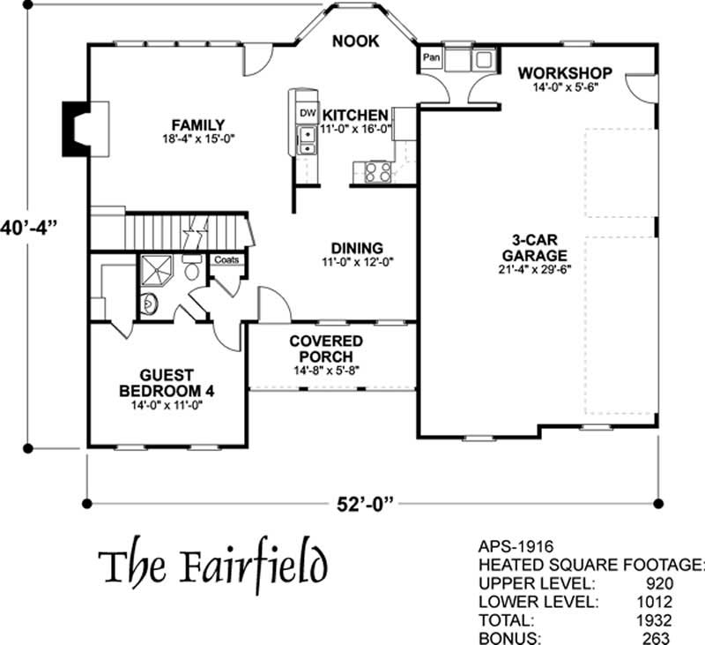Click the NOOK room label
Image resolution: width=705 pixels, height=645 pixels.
pos(356,41)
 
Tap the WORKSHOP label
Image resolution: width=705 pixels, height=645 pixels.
pos(565,72)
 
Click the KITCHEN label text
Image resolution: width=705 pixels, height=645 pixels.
pos(355,116)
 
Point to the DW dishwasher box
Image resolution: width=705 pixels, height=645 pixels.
pos(308,114)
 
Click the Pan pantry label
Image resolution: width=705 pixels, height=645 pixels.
pos(431,57)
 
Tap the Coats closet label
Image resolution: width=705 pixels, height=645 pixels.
pos(226,260)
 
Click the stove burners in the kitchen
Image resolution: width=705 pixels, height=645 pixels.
pos(378,171)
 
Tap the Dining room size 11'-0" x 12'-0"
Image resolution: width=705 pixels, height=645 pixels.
pos(356,262)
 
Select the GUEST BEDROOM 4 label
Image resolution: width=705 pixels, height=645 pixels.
pos(167,383)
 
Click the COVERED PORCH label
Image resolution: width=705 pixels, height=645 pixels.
pos(326,349)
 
